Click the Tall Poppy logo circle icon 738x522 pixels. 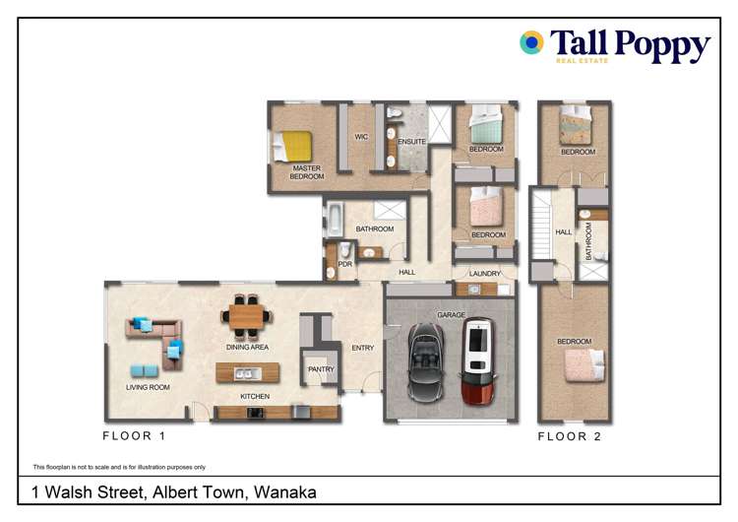(x=531, y=42)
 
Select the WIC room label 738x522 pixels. (x=361, y=137)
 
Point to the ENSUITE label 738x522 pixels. (x=411, y=142)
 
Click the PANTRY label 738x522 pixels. (x=321, y=369)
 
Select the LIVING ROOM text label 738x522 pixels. (x=148, y=387)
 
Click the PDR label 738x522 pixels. (x=345, y=264)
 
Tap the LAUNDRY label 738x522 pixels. (x=485, y=274)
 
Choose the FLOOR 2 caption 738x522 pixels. (x=570, y=435)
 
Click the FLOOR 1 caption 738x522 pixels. (x=135, y=434)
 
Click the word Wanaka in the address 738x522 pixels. (x=284, y=492)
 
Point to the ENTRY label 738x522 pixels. (x=363, y=348)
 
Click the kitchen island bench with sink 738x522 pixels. (x=247, y=373)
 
